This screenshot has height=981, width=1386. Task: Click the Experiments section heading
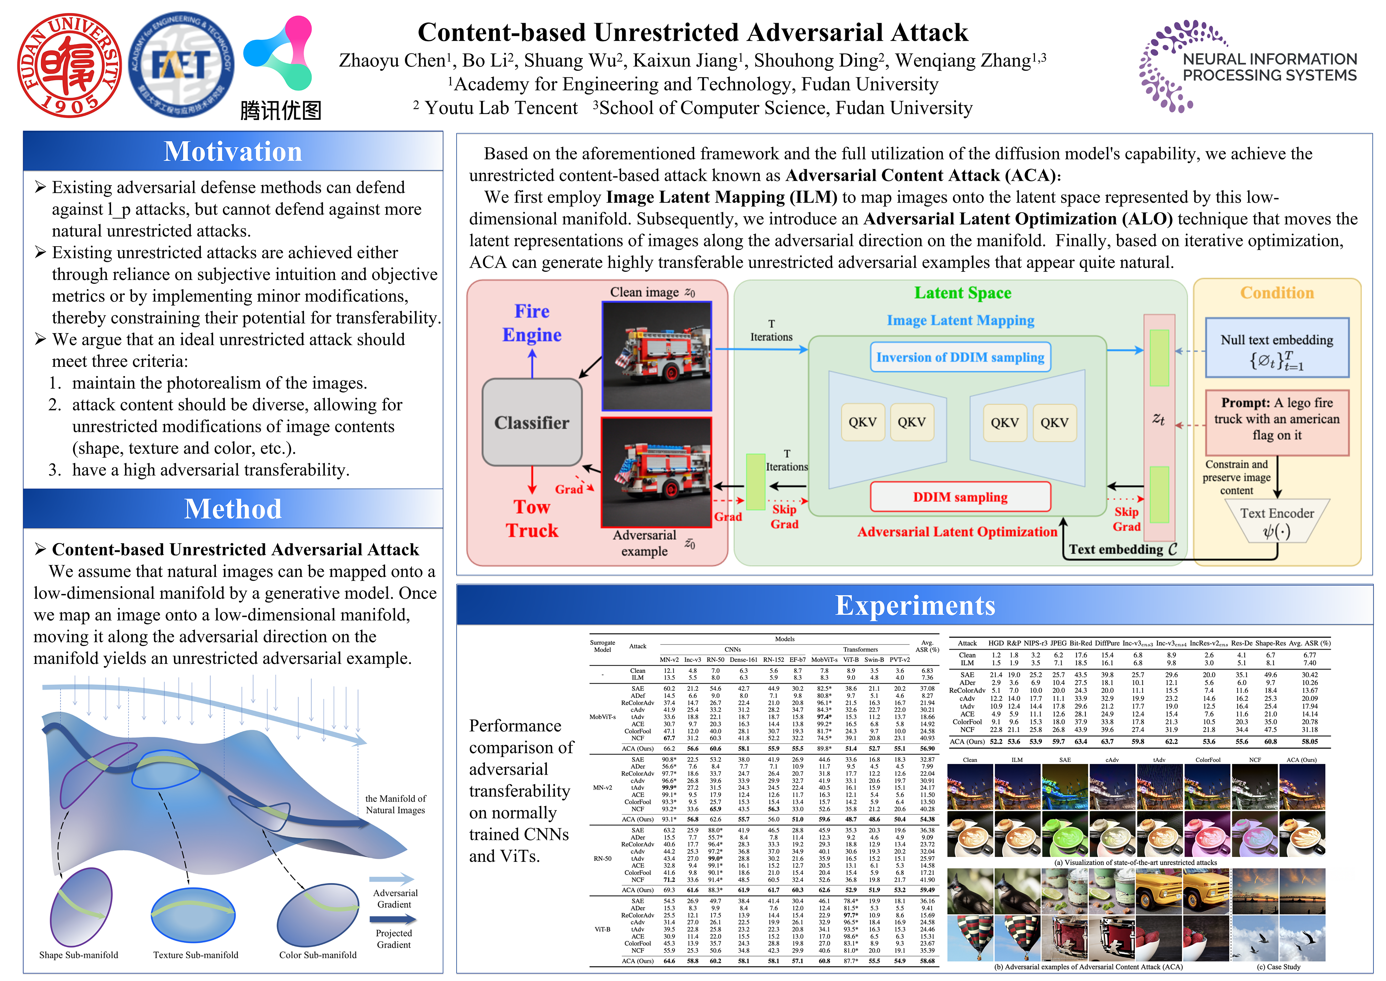914,605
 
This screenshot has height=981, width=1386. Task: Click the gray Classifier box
532,422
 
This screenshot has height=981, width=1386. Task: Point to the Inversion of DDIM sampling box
960,357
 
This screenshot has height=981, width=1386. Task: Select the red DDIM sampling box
960,497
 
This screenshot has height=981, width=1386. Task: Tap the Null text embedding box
1277,348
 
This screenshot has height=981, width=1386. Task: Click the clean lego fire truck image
657,356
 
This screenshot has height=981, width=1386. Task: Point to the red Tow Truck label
532,518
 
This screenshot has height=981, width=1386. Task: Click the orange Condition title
1277,293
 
